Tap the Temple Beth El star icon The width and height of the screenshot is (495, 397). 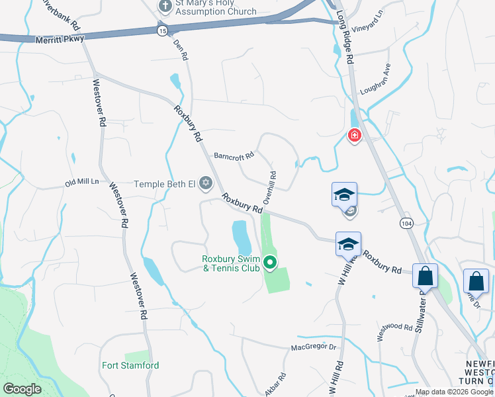click(x=205, y=183)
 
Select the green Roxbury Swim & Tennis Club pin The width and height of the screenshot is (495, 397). click(x=270, y=263)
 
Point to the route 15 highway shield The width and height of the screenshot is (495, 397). click(x=162, y=30)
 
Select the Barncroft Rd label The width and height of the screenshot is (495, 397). click(x=234, y=157)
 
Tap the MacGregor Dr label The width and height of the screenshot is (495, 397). click(x=314, y=347)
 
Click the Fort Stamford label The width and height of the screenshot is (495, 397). click(x=130, y=365)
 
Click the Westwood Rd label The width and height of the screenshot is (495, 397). click(x=395, y=327)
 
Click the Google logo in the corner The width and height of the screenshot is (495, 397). click(x=22, y=389)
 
